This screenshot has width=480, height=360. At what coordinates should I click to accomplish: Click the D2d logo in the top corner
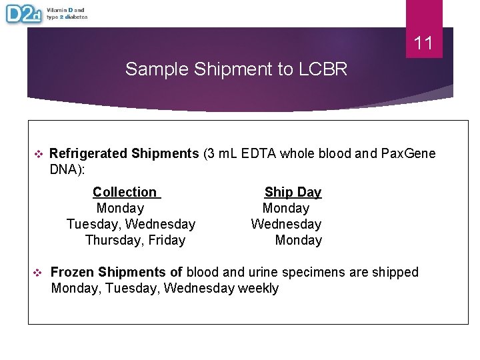tap(24, 13)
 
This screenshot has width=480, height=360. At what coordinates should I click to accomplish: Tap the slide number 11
tap(423, 44)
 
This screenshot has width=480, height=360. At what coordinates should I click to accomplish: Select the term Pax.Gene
tap(408, 154)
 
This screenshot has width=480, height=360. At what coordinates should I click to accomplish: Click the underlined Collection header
tap(125, 192)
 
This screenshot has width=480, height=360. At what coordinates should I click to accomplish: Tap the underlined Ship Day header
tap(293, 192)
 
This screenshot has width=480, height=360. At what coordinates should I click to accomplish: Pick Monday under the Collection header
tap(120, 208)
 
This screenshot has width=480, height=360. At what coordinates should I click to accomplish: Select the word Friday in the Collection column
tap(167, 240)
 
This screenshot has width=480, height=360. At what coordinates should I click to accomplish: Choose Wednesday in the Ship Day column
tap(286, 224)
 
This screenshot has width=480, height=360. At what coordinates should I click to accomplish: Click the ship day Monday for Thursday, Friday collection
tap(298, 240)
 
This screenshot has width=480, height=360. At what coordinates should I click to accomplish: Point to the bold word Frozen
tap(72, 272)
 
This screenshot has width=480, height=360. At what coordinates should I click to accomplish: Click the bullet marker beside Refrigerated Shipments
tap(38, 154)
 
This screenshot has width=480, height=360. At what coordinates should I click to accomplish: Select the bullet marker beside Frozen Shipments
tap(38, 272)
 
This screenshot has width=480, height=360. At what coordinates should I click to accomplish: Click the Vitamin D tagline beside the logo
tap(67, 13)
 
